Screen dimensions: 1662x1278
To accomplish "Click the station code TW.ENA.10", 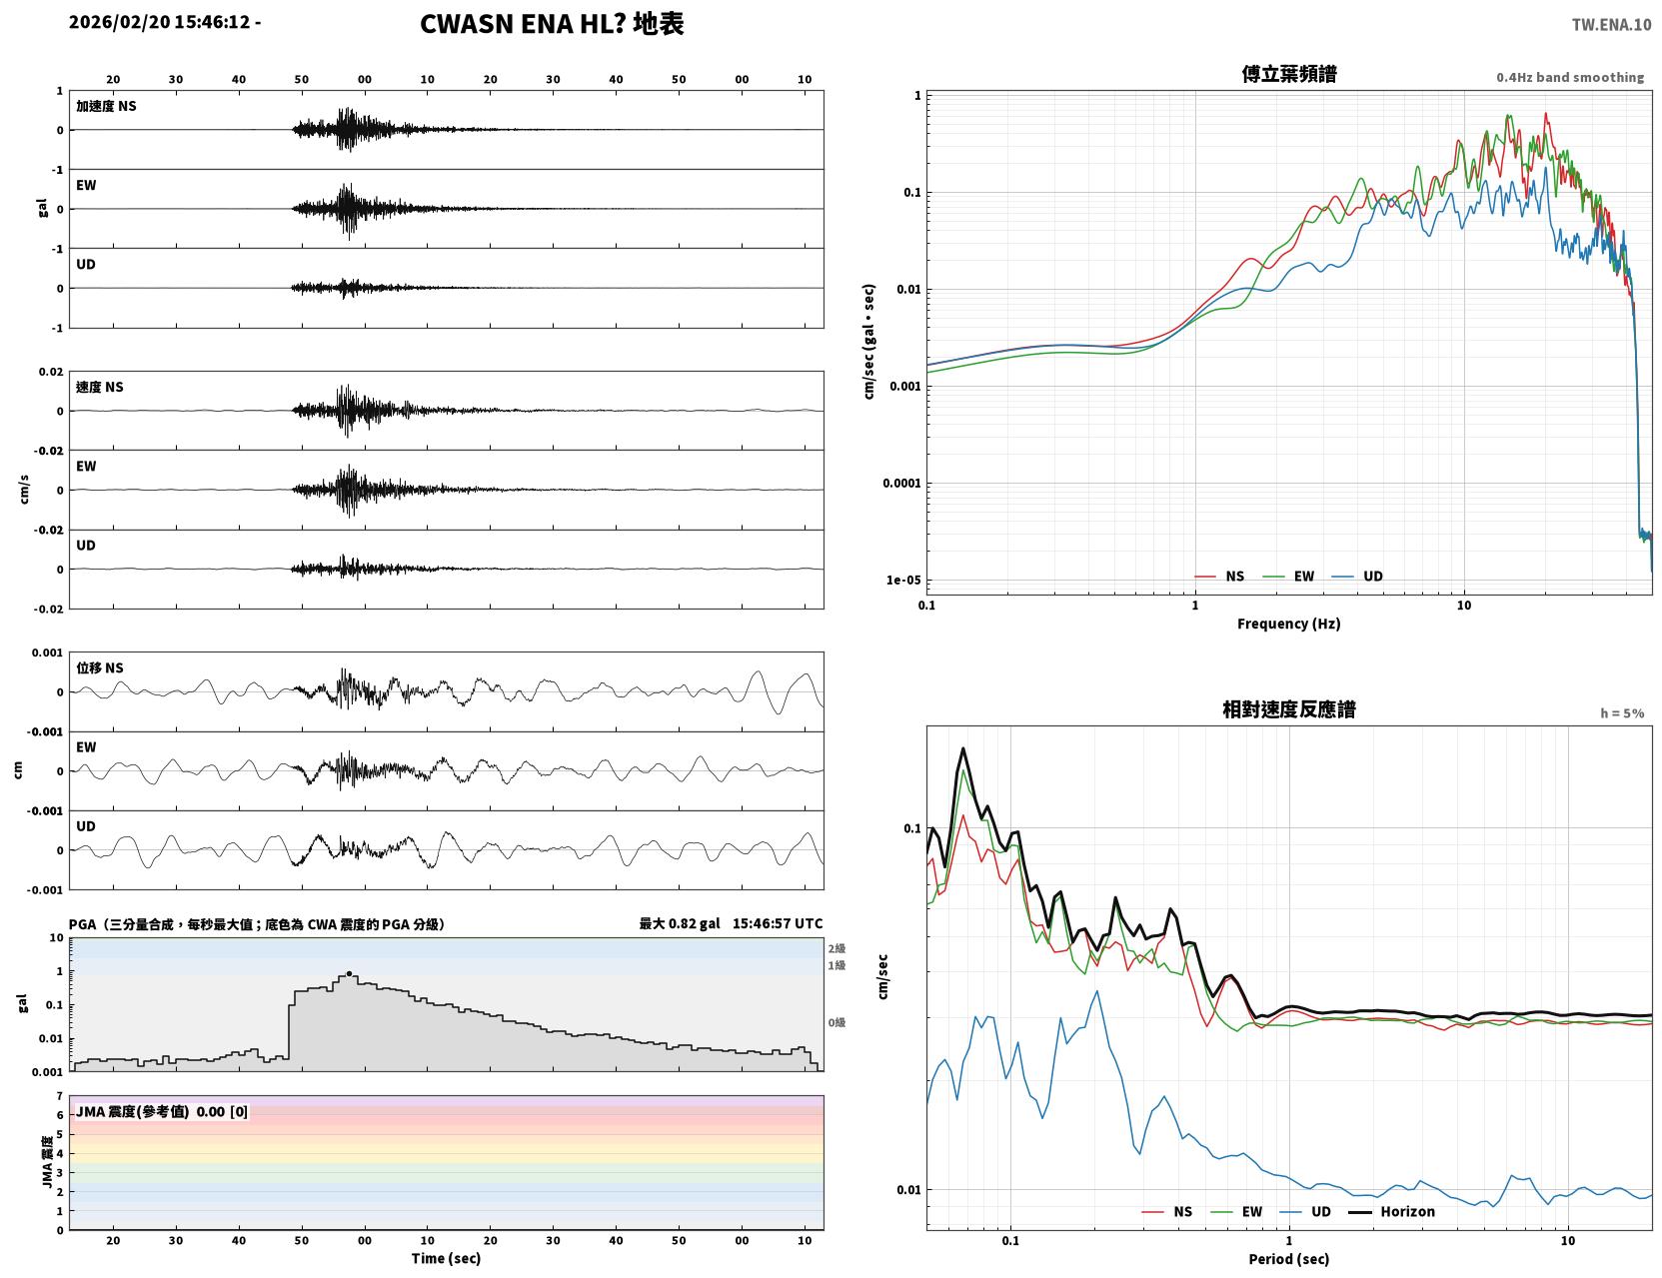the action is tap(1611, 24).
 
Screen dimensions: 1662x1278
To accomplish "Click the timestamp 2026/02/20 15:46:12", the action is tap(160, 21).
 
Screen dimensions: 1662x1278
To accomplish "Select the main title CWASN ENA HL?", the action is tap(523, 24).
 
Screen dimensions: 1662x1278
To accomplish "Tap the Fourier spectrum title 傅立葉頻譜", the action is tap(1288, 74).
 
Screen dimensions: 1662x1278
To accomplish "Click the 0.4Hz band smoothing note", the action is tap(1569, 77).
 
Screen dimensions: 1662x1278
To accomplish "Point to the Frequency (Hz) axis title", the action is tap(1288, 624).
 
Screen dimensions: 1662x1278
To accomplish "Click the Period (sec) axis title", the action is tap(1288, 1259).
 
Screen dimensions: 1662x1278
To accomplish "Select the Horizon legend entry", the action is tap(1391, 1211).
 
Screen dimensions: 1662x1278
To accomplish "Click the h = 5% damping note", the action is tap(1621, 713).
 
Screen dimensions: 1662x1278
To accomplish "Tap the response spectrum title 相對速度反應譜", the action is tap(1288, 709).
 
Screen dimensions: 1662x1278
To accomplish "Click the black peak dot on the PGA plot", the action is tap(349, 974).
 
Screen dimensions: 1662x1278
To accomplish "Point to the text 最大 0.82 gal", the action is tap(680, 923).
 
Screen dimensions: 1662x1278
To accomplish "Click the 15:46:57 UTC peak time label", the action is tap(778, 923).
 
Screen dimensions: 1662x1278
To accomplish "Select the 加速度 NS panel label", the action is tap(106, 106).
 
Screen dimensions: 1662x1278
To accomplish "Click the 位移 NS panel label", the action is tap(99, 668).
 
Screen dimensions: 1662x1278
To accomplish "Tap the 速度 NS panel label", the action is tap(99, 388).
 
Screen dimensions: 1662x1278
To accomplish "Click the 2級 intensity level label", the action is tap(835, 948).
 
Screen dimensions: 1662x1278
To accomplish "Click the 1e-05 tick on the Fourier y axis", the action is tap(903, 581).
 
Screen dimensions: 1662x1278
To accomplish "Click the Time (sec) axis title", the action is tap(446, 1258).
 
